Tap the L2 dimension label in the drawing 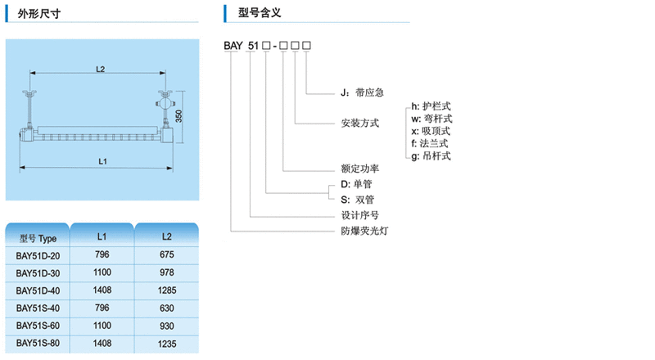point(100,70)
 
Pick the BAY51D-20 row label point(38,255)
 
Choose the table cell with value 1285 point(167,290)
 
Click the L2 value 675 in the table point(167,255)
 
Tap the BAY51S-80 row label point(38,342)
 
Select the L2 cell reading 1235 point(167,342)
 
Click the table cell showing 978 point(167,272)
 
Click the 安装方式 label point(360,124)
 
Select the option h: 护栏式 point(431,106)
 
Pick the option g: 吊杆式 point(431,155)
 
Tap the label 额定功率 point(360,169)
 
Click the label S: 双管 point(358,200)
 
